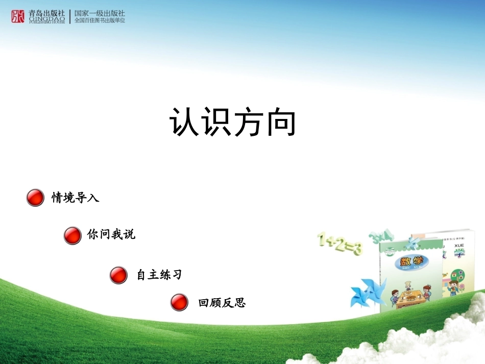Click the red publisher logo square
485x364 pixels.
[18, 17]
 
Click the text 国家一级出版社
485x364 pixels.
[100, 13]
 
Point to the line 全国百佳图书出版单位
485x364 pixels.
[100, 21]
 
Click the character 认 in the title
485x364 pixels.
[185, 123]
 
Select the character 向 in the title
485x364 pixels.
[281, 123]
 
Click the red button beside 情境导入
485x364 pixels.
[35, 198]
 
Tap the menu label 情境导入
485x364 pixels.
[75, 198]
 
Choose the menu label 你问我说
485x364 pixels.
[111, 235]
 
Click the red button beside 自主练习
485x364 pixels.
[118, 275]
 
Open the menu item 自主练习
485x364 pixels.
[159, 275]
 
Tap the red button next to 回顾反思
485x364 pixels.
[179, 302]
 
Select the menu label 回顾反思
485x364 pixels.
[222, 303]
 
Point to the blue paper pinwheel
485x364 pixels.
[367, 292]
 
